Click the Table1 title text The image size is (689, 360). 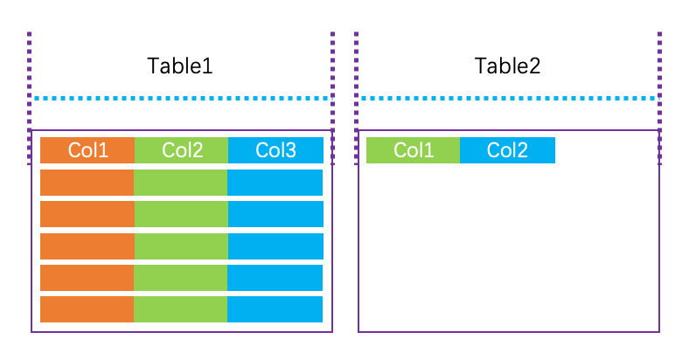point(180,66)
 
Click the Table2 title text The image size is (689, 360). point(507,66)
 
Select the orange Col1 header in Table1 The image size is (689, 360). point(87,150)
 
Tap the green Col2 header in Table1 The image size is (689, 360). point(181,150)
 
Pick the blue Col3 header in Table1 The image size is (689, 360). point(275,150)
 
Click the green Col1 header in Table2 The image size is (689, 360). point(413,150)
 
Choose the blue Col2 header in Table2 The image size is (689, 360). point(507,150)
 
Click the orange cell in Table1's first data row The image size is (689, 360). point(87,183)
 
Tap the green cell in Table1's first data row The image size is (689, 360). point(181,183)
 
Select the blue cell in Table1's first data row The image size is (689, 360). point(275,183)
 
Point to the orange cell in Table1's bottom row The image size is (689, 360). point(87,309)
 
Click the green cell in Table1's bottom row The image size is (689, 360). point(181,309)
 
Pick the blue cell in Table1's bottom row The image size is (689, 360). point(275,309)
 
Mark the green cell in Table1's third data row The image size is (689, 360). point(181,246)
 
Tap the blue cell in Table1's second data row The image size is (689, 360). point(275,214)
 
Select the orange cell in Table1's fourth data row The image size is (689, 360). point(87,278)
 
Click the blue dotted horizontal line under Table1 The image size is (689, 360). point(182,98)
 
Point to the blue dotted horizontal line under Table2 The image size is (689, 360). point(509,98)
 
